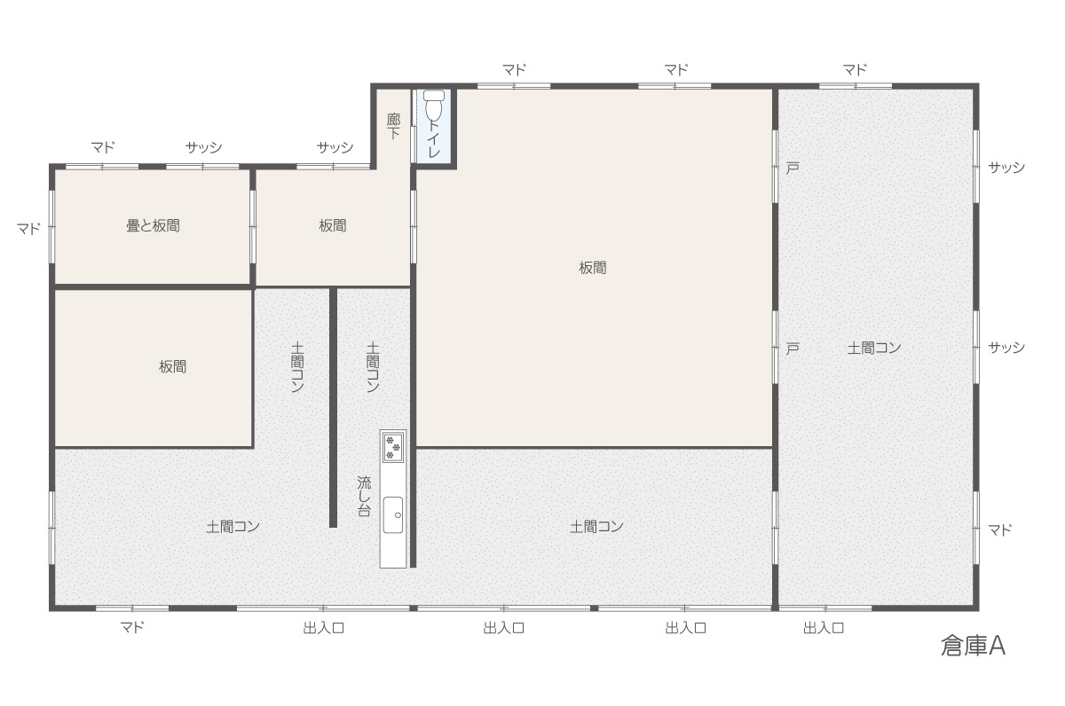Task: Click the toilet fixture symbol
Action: point(434,106)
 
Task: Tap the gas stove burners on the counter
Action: point(393,448)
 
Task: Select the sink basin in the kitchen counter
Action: point(393,515)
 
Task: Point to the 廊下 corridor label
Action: point(393,126)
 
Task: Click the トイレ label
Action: point(434,138)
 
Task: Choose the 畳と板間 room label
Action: point(153,225)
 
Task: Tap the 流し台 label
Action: point(364,496)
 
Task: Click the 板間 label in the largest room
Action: point(593,268)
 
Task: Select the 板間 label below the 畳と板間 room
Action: point(172,366)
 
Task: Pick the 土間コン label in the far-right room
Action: point(874,349)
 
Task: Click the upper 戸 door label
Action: point(792,168)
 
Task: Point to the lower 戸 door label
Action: point(792,349)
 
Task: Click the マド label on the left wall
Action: point(29,229)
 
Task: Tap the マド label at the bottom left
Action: point(131,627)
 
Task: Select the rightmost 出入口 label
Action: point(824,628)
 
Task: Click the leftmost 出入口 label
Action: point(323,628)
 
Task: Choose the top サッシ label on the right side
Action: point(1006,168)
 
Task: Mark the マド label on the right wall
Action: point(1000,529)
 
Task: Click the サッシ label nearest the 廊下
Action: point(335,147)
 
